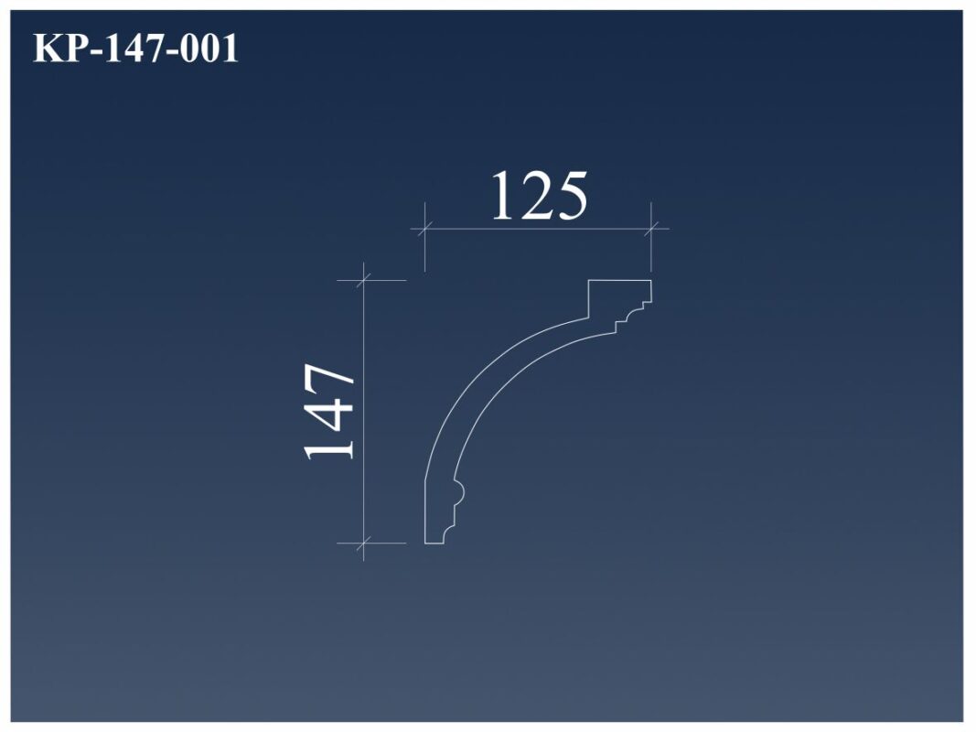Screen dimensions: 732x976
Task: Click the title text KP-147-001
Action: pos(135,48)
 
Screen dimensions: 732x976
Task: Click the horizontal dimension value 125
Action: pos(538,197)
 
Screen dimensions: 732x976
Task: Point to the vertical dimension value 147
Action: pos(329,412)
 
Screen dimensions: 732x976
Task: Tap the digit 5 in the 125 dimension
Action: pos(570,197)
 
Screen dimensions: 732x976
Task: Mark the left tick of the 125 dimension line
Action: pos(424,228)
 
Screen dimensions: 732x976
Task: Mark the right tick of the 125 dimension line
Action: pos(651,228)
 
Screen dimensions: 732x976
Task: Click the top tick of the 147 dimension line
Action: pos(364,280)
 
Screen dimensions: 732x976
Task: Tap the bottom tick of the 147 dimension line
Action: pos(364,544)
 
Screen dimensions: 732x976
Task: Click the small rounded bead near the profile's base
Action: pos(460,493)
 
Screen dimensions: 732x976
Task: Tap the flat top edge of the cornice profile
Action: pos(619,280)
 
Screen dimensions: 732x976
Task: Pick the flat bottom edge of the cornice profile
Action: pos(434,544)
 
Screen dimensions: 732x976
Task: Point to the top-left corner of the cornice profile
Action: pos(588,280)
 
